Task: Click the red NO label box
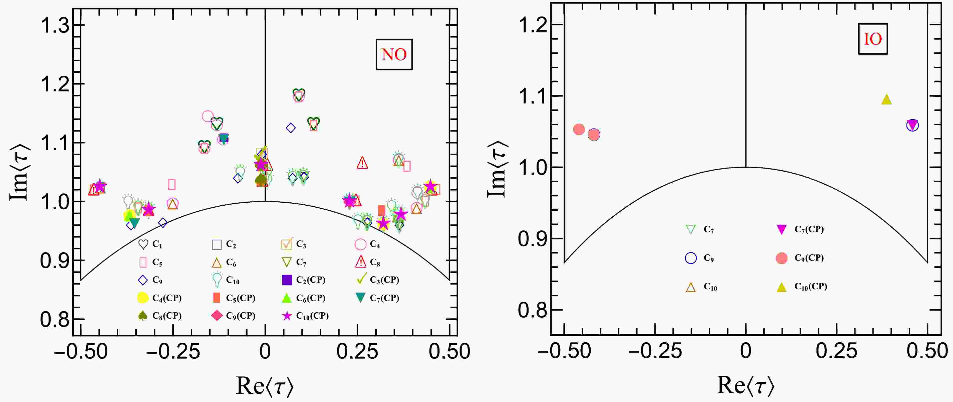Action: pos(394,54)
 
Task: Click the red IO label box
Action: pos(873,39)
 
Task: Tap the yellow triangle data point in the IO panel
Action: pos(886,100)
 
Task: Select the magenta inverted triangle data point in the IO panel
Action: pos(913,125)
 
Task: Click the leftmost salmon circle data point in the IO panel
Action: pos(579,129)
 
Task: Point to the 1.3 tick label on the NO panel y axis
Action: pos(55,26)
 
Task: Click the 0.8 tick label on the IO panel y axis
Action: pos(533,310)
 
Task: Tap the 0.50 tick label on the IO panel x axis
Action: pos(927,350)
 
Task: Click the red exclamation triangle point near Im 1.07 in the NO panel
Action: pos(362,163)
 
